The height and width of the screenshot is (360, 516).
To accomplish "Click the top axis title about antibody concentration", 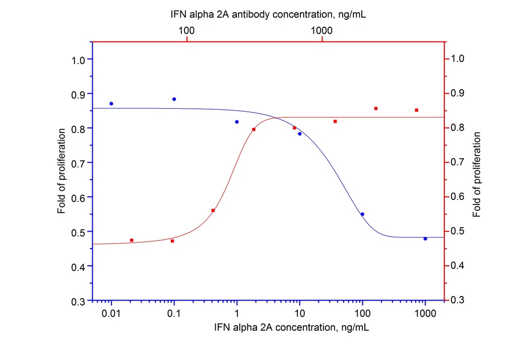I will [268, 15].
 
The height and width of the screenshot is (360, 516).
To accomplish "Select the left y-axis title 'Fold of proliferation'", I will [61, 171].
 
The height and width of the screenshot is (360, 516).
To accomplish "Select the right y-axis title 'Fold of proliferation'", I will [476, 175].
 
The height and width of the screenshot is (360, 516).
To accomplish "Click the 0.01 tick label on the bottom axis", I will [111, 313].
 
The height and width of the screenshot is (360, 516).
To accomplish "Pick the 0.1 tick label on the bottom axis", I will [174, 313].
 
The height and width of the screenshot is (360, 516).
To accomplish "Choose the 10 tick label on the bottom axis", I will [299, 313].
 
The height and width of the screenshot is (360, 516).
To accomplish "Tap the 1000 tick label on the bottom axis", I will [425, 313].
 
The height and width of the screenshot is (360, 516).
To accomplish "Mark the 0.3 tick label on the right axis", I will [457, 300].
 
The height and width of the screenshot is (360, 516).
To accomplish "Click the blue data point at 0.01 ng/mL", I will [111, 104].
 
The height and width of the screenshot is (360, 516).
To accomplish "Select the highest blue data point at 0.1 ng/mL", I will [174, 99].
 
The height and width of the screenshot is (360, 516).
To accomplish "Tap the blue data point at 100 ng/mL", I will [362, 214].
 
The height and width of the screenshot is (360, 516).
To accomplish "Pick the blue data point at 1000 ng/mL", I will [425, 239].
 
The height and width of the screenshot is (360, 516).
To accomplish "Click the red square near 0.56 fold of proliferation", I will [213, 210].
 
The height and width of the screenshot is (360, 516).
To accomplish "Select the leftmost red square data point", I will [132, 240].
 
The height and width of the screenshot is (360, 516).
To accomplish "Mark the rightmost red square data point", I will [417, 110].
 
